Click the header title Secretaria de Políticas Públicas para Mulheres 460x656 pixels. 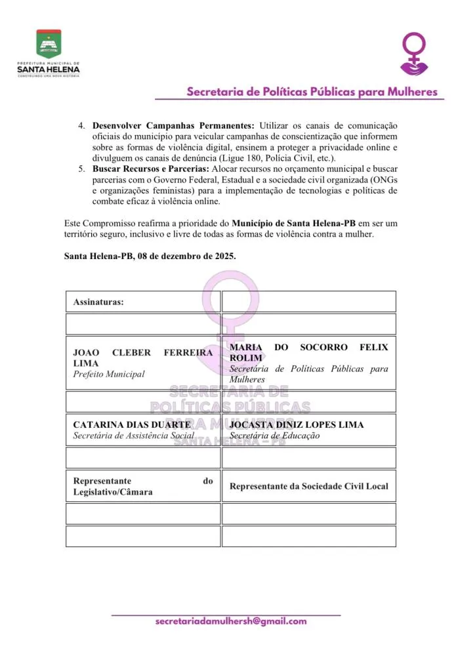click(312, 92)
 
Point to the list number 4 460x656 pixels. click(81, 125)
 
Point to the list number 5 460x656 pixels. click(81, 169)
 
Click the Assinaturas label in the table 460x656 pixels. click(99, 302)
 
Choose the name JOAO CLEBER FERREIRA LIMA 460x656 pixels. click(142, 358)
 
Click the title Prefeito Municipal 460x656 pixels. click(109, 374)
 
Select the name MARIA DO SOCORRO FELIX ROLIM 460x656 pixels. click(308, 352)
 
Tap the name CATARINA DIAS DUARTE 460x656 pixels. click(132, 424)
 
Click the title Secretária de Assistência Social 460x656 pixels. click(134, 435)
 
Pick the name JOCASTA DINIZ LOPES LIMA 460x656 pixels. click(297, 424)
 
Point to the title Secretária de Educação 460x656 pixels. click(274, 436)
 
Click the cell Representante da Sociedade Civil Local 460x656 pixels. click(308, 486)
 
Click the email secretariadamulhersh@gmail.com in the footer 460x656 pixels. click(230, 621)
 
